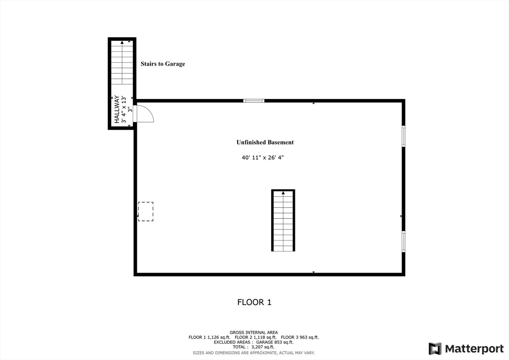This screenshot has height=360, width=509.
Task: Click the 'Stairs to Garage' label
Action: click(x=163, y=64)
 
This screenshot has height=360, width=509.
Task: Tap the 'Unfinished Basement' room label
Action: click(x=265, y=142)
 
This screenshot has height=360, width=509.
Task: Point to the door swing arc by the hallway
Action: click(x=145, y=114)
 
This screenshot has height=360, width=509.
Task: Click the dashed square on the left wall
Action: click(x=146, y=211)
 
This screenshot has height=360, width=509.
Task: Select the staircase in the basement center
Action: click(x=283, y=220)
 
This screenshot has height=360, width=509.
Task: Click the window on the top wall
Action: click(x=254, y=101)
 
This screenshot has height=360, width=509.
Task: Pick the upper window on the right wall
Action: click(x=404, y=136)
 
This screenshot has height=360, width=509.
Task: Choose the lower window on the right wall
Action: click(x=404, y=241)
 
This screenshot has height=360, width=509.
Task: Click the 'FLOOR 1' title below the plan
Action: click(x=254, y=302)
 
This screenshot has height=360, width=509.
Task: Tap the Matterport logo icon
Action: click(x=435, y=349)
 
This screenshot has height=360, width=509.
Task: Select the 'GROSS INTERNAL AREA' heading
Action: click(x=254, y=332)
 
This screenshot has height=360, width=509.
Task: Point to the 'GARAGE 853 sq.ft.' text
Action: click(x=274, y=342)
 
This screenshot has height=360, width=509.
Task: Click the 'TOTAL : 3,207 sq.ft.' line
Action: click(x=254, y=347)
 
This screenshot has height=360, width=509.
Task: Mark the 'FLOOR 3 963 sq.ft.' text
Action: click(x=300, y=337)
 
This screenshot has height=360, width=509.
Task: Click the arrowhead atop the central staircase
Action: click(x=283, y=192)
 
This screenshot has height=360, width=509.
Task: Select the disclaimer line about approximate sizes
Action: click(x=254, y=353)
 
